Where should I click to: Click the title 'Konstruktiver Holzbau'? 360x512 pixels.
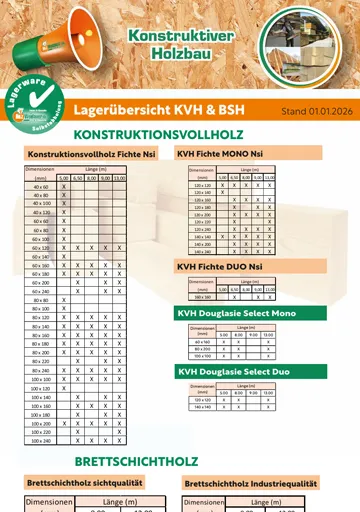[166, 43]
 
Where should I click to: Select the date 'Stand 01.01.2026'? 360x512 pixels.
[314, 111]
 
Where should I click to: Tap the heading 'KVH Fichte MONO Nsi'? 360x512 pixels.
[221, 154]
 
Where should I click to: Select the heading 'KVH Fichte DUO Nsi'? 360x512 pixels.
[219, 267]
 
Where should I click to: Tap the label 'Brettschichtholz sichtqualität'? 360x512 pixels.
[84, 483]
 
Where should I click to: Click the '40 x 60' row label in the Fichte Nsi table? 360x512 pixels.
[41, 187]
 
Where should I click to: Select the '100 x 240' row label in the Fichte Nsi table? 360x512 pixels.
[41, 440]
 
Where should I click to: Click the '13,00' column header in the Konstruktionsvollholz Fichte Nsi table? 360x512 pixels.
[119, 178]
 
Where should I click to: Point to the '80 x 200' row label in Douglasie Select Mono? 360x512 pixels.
[203, 348]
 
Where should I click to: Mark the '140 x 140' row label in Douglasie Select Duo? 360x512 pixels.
[202, 407]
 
